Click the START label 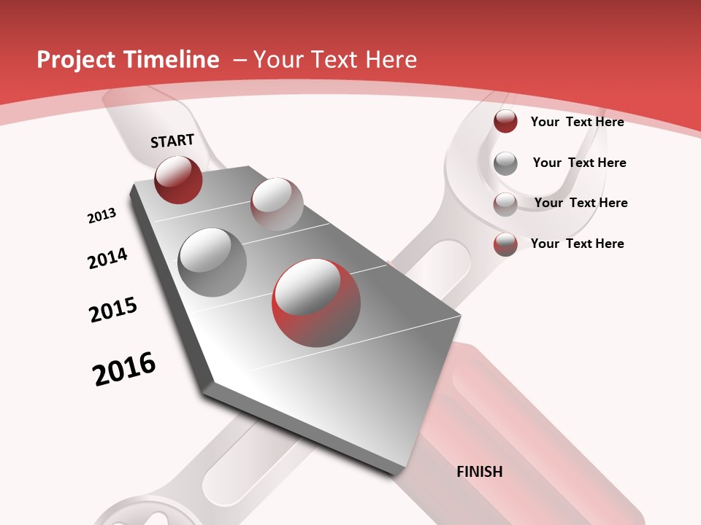click(x=172, y=141)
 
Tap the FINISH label click(x=479, y=472)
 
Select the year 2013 click(x=101, y=216)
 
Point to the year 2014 click(x=107, y=259)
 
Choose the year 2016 click(x=124, y=369)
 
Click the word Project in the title click(x=75, y=60)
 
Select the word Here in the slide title click(x=391, y=60)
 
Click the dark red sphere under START click(x=178, y=179)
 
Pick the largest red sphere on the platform click(x=316, y=303)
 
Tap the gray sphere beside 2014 click(x=212, y=262)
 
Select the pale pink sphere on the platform click(x=277, y=203)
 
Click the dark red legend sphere click(x=505, y=121)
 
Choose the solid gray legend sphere click(x=505, y=163)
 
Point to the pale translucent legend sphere click(x=505, y=204)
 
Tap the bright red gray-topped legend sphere click(x=505, y=244)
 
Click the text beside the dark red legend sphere click(x=577, y=122)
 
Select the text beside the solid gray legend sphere click(x=579, y=163)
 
